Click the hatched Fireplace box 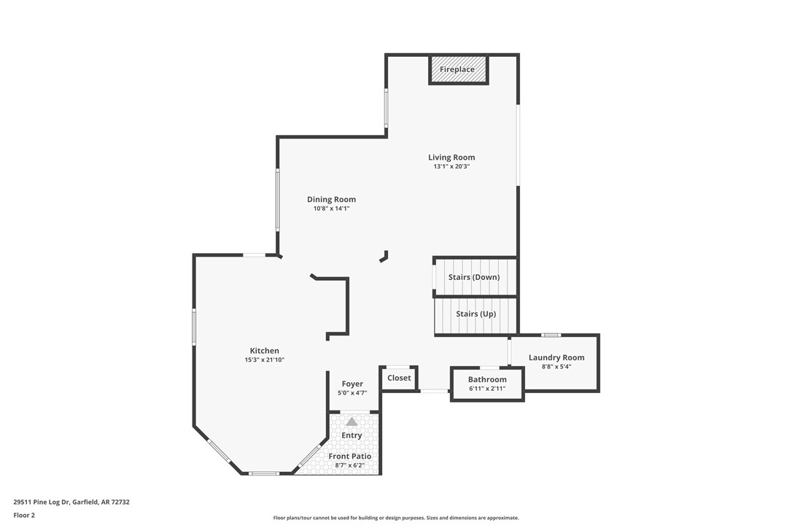457,69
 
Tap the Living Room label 451,157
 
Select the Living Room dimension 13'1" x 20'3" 451,166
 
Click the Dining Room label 331,199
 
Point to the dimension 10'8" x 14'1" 331,209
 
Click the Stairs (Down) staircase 475,277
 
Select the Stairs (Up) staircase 475,314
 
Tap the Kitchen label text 264,351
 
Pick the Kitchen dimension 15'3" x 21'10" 264,360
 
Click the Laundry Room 556,357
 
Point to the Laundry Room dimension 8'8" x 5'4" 556,367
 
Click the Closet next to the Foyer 399,378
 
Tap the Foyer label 352,384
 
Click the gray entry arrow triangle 352,422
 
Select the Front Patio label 350,456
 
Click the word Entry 352,435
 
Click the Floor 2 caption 24,515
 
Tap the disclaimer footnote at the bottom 396,518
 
